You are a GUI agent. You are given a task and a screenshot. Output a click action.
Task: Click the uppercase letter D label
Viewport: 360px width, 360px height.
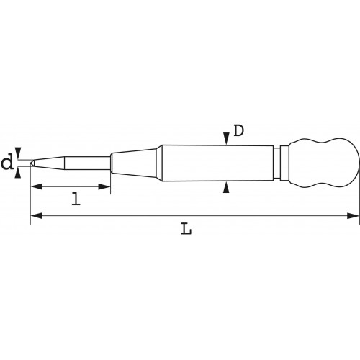coord(238,131)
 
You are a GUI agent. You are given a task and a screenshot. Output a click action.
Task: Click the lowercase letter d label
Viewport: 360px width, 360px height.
coord(7,163)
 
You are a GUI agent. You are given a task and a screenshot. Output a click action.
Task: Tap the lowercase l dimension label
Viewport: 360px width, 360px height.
coord(76,199)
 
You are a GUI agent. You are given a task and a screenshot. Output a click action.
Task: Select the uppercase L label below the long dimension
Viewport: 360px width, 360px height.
coord(186,228)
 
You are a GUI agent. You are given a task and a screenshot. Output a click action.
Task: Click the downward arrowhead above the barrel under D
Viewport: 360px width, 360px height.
coord(226,139)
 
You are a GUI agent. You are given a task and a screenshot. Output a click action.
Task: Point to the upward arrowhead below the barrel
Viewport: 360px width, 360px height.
coord(226,187)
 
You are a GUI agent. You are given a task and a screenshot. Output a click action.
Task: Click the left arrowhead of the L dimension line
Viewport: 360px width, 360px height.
coord(37,215)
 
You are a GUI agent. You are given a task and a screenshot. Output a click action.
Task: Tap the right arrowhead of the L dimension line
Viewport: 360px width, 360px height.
coord(353,215)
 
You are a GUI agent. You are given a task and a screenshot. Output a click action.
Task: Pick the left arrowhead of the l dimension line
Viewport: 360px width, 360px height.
coord(37,186)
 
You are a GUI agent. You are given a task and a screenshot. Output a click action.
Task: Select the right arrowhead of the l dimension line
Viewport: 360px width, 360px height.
coord(104,186)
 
